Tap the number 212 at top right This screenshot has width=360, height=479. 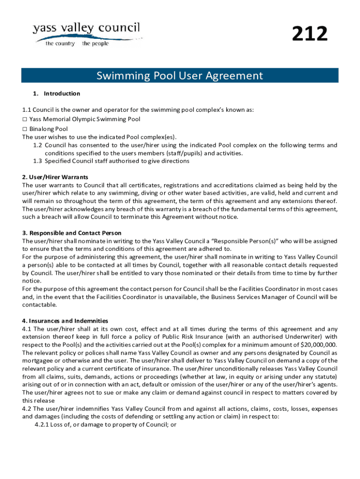coord(310,35)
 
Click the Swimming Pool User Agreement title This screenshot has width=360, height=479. coord(180,75)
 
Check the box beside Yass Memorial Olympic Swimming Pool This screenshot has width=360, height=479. coord(25,119)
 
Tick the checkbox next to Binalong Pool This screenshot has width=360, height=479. coord(25,129)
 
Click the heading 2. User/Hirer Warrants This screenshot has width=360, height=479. coord(55,177)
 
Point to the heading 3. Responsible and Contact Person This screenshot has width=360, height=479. coord(72,233)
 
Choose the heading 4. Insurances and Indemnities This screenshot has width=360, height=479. coord(65,321)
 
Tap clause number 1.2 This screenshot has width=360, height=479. coord(38,145)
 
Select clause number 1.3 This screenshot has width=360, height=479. coord(38,161)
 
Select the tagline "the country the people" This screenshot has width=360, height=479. coord(77,44)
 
